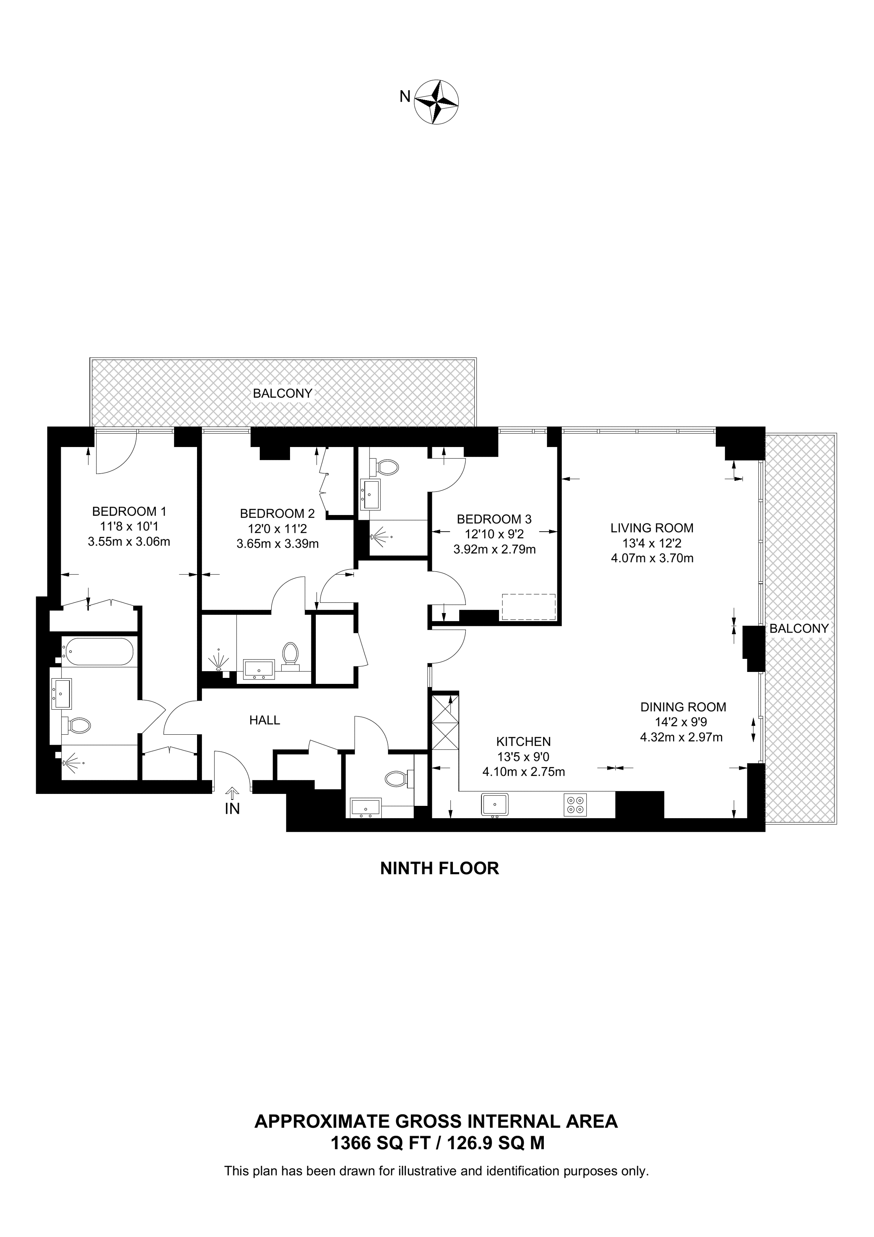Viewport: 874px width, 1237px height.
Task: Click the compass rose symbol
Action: pos(436,103)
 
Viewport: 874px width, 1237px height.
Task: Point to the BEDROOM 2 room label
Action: pos(277,513)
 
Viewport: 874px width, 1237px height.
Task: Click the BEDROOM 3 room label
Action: pos(494,519)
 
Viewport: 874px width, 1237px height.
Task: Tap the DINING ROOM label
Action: pos(683,707)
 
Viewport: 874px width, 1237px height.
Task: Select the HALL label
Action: pos(265,720)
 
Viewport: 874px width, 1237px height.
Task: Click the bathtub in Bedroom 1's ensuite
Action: pos(97,651)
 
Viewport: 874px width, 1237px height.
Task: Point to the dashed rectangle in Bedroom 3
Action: pos(528,607)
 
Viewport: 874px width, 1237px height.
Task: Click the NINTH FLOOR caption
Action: pos(439,868)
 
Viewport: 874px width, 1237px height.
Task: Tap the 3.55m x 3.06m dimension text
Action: pos(129,542)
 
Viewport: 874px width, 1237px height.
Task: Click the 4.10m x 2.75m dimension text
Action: pos(524,772)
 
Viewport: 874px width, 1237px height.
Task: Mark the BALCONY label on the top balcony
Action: pos(283,393)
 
